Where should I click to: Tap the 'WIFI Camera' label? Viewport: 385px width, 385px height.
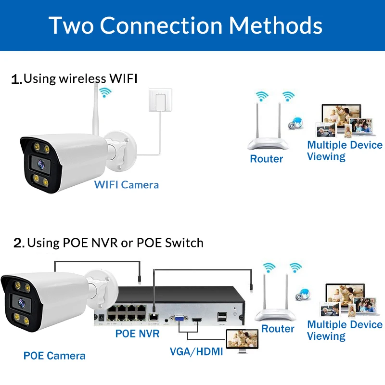tap(126, 185)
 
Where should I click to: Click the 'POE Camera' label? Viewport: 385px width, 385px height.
tap(54, 356)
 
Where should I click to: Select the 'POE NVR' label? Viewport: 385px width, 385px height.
tap(137, 333)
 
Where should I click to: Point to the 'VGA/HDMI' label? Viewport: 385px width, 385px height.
tap(196, 351)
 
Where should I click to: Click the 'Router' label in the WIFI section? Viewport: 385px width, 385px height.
tap(267, 158)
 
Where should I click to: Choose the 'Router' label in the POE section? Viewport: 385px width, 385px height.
tap(278, 329)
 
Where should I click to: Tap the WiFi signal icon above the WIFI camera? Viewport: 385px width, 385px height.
tap(104, 91)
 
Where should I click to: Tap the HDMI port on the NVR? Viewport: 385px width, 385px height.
tap(197, 319)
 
